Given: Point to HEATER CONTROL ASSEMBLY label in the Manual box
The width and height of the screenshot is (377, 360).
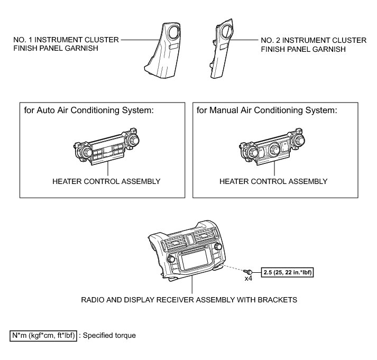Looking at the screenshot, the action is coord(273,181).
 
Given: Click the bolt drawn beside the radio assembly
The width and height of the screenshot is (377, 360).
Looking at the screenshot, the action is coord(246,271).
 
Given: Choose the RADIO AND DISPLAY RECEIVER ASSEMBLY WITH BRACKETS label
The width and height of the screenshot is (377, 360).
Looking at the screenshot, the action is coord(189,300).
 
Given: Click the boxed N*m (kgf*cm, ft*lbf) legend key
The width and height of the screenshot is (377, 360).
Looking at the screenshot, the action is coord(43,335).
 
